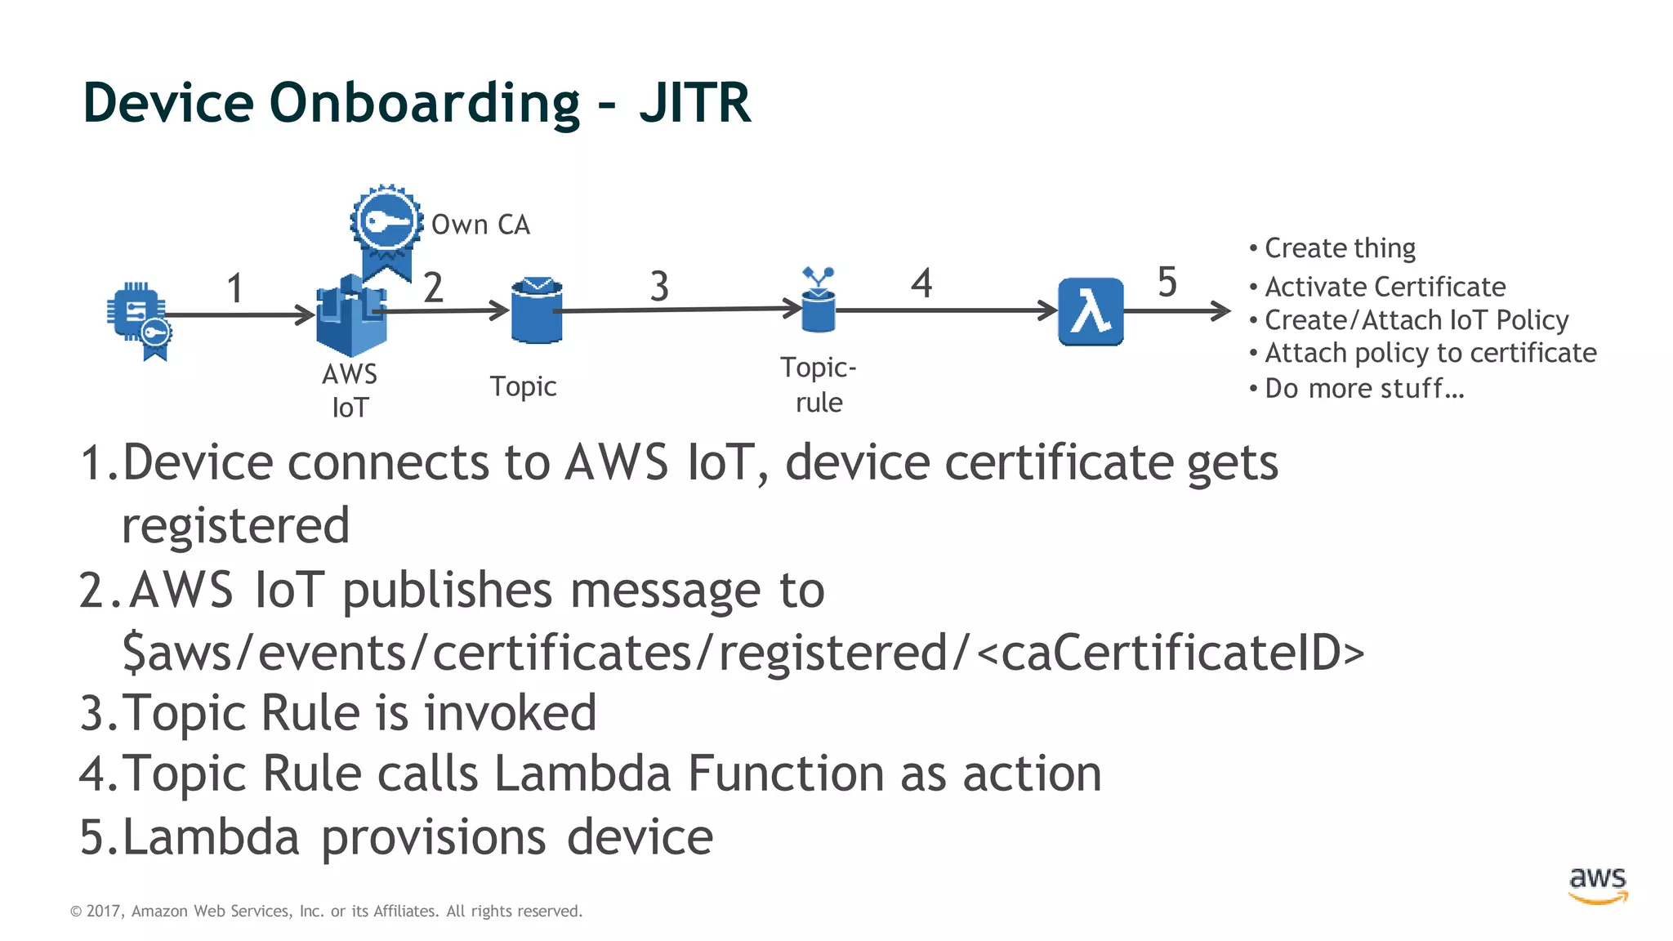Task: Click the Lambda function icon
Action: pyautogui.click(x=1091, y=312)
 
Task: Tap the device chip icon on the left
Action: pyautogui.click(x=137, y=315)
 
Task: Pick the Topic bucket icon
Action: pyautogui.click(x=537, y=310)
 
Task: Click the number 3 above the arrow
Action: pyautogui.click(x=659, y=287)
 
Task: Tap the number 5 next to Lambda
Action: pyautogui.click(x=1167, y=283)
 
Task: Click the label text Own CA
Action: pyautogui.click(x=480, y=225)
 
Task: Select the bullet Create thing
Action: pyautogui.click(x=1340, y=248)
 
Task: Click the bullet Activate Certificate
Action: pyautogui.click(x=1385, y=287)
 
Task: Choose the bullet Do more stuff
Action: pyautogui.click(x=1363, y=389)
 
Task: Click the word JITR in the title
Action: pyautogui.click(x=694, y=103)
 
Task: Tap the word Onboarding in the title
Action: pyautogui.click(x=424, y=105)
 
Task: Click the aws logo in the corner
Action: pyautogui.click(x=1598, y=885)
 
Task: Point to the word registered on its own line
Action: pyautogui.click(x=235, y=526)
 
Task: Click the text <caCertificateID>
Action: pyautogui.click(x=1170, y=653)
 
